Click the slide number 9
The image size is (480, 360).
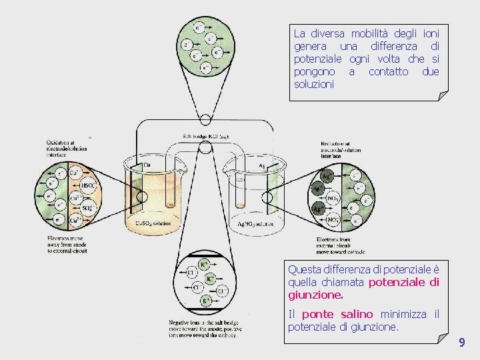pos(461,343)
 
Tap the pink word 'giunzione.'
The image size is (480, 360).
pos(315,294)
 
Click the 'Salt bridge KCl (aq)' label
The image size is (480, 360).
pos(205,136)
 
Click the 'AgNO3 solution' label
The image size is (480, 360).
pos(256,224)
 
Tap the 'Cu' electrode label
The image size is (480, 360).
pos(147,165)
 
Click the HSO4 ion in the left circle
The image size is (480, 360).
pos(88,186)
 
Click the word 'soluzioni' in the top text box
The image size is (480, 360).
pos(313,85)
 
